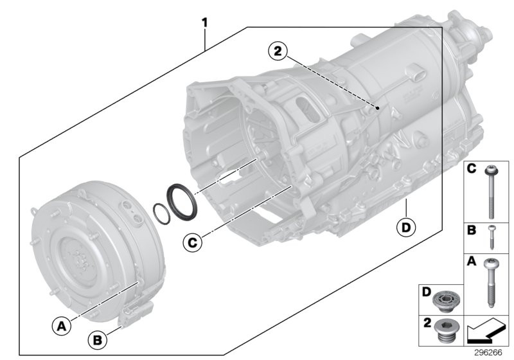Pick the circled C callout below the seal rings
pyautogui.click(x=190, y=242)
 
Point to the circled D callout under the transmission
pyautogui.click(x=406, y=227)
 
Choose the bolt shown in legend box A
pyautogui.click(x=491, y=283)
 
